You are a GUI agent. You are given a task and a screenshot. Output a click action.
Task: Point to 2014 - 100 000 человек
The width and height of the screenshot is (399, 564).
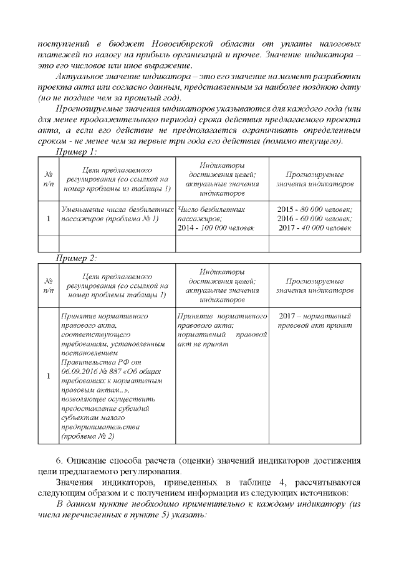[208, 229]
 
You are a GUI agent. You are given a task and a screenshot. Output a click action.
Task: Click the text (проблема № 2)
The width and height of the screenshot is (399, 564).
[87, 436]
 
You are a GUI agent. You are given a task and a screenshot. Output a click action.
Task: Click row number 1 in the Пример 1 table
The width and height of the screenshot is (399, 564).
[49, 219]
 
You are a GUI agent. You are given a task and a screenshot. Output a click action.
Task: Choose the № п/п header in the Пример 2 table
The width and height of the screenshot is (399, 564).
[49, 285]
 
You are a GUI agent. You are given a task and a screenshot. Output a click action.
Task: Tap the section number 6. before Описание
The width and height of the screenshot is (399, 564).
[60, 461]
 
